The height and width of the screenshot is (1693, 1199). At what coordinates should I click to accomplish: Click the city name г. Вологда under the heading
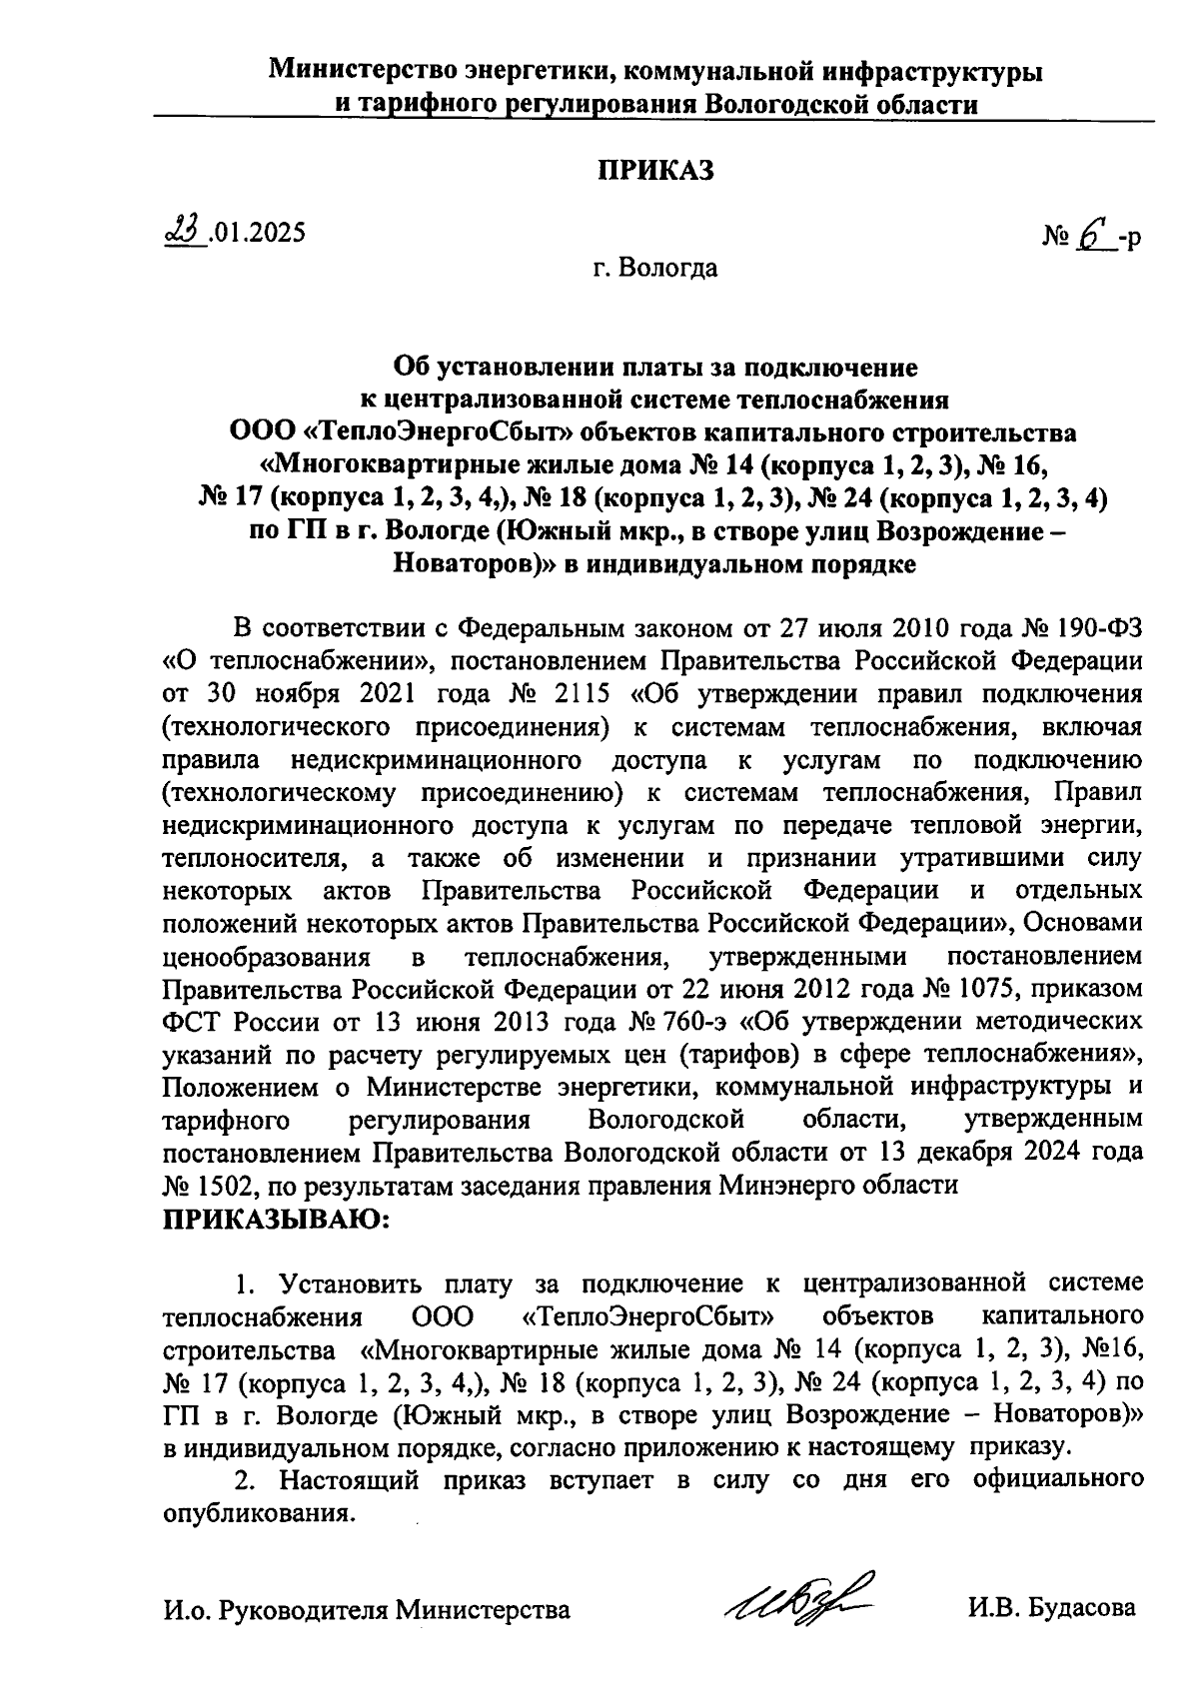point(654,268)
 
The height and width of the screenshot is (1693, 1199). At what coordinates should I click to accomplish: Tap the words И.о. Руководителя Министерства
point(368,1609)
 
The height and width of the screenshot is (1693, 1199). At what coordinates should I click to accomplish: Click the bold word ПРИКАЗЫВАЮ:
point(276,1219)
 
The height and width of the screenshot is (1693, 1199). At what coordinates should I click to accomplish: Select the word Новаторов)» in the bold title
point(473,564)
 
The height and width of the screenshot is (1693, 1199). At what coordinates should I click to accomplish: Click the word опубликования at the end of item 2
point(258,1512)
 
